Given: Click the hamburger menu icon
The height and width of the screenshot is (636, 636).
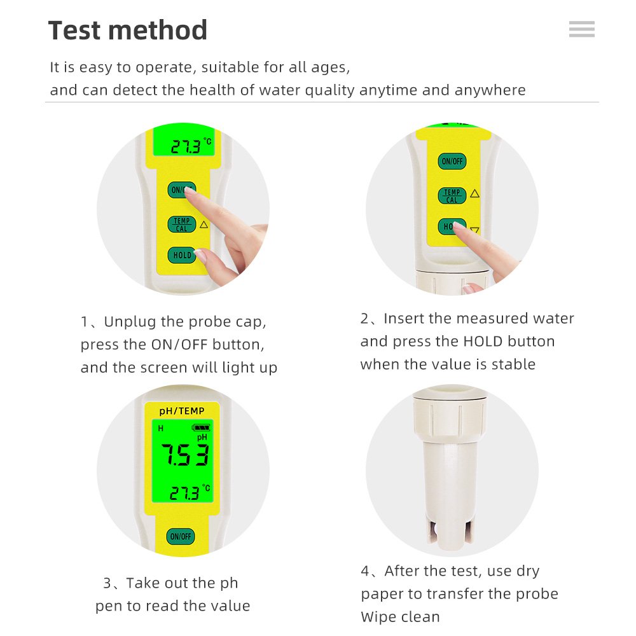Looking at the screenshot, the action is point(582,29).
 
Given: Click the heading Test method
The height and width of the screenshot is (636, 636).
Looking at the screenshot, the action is point(128,31).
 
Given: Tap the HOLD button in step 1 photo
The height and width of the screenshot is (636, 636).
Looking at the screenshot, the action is point(182,255).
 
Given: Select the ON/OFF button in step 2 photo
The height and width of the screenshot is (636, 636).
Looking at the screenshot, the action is point(452,161).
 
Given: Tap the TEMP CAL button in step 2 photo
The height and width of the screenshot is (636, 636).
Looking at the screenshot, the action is point(452,196).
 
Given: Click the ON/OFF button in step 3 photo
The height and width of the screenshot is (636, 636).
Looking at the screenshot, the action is point(181,536).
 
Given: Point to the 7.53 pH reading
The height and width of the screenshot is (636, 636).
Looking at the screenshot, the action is point(185,455).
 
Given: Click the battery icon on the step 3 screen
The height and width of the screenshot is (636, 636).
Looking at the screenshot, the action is point(201,427).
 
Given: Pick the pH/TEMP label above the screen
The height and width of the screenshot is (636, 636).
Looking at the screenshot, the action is point(182,411).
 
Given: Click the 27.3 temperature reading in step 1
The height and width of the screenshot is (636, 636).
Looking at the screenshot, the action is point(186,146).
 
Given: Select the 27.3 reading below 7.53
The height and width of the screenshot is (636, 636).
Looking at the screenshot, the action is point(184,494).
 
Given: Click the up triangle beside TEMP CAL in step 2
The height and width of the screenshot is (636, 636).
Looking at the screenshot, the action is point(475,193).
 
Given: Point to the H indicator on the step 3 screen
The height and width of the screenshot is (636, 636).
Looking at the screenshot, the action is point(161,428).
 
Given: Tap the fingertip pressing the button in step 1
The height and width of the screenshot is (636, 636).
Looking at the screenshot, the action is point(189,192).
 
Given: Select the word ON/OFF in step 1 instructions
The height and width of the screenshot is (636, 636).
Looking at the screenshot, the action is point(179,345).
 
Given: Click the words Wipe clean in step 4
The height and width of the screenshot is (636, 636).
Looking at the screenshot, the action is point(400,617).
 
